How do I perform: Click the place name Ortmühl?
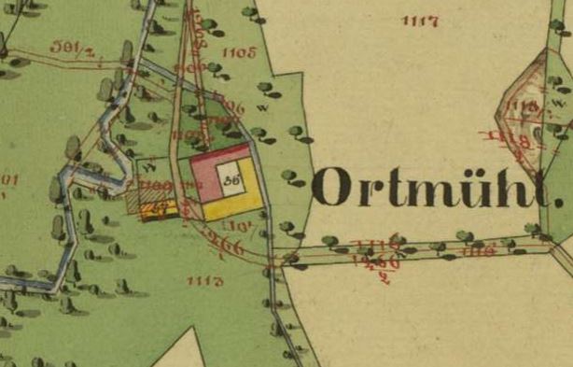(x=439, y=187)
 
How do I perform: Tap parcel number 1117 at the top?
(x=419, y=21)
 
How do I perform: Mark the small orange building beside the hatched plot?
(x=159, y=210)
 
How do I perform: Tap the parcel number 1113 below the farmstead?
(x=204, y=280)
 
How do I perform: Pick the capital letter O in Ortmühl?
(x=333, y=187)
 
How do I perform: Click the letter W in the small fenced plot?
(x=148, y=168)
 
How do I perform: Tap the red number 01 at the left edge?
(x=9, y=179)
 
